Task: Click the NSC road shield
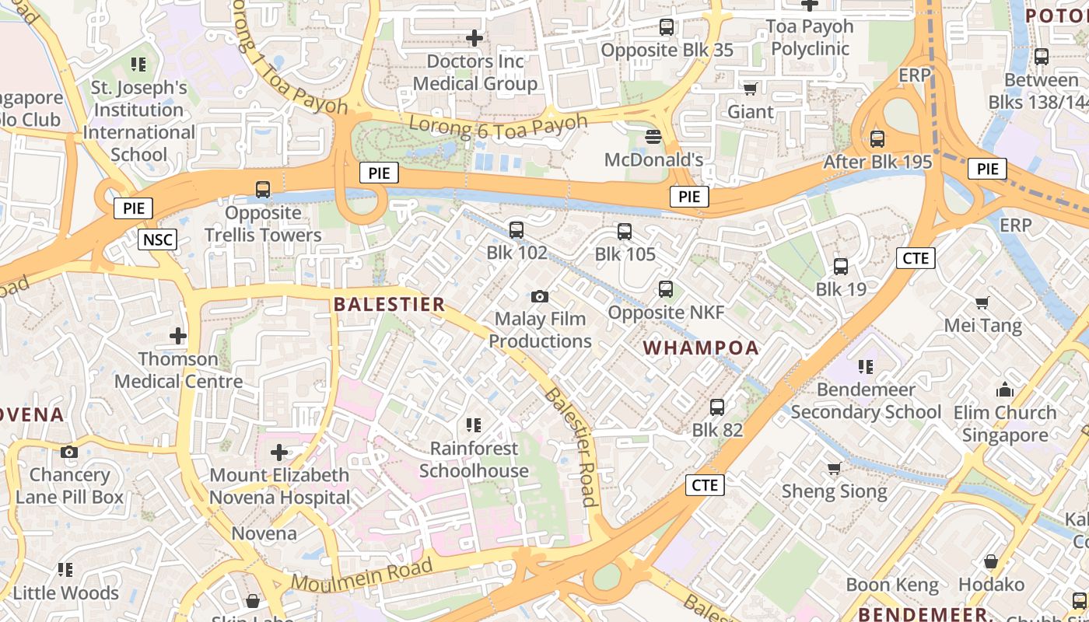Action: pyautogui.click(x=158, y=239)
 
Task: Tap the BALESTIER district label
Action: pyautogui.click(x=389, y=305)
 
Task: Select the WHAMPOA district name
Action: pyautogui.click(x=702, y=348)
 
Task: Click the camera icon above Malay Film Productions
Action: pyautogui.click(x=540, y=296)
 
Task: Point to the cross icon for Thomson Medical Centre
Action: pyautogui.click(x=178, y=336)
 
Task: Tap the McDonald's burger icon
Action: pyautogui.click(x=653, y=137)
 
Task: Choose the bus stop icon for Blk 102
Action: pyautogui.click(x=516, y=230)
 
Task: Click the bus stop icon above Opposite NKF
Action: pyautogui.click(x=666, y=289)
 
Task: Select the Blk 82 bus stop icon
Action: pyautogui.click(x=717, y=407)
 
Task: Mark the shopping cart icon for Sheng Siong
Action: pyautogui.click(x=835, y=468)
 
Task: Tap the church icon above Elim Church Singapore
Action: pyautogui.click(x=1005, y=390)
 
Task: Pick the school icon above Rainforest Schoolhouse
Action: pyautogui.click(x=474, y=425)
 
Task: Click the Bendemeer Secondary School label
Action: pyautogui.click(x=866, y=400)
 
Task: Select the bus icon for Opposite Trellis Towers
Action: pyautogui.click(x=263, y=189)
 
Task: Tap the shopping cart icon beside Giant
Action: pyautogui.click(x=750, y=89)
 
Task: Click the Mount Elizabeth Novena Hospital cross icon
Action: pyautogui.click(x=279, y=452)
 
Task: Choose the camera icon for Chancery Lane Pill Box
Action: pyautogui.click(x=69, y=452)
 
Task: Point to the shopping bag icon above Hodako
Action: pyautogui.click(x=991, y=561)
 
